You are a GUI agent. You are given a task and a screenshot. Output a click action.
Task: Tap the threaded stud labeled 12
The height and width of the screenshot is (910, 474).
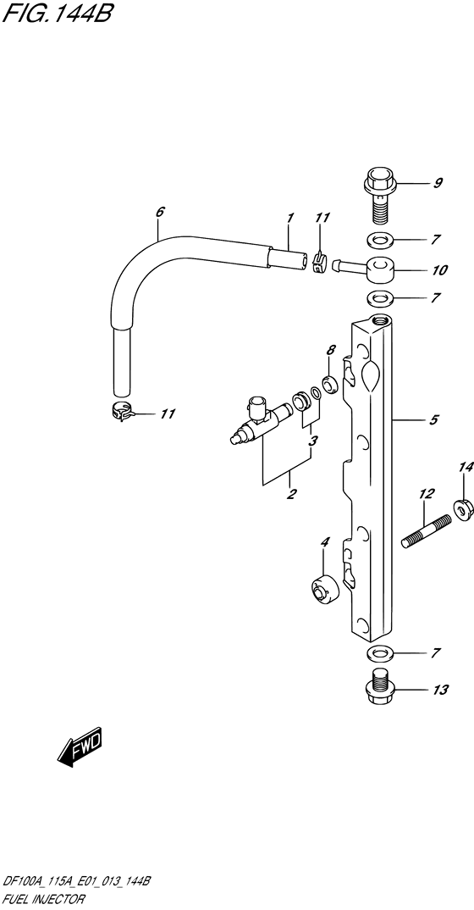427,531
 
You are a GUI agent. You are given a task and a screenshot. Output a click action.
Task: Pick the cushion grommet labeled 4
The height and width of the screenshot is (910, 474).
323,591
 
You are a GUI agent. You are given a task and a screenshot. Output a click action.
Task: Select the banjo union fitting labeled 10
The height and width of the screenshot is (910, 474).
364,268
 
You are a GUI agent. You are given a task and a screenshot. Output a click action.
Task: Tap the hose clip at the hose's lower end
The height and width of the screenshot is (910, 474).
121,412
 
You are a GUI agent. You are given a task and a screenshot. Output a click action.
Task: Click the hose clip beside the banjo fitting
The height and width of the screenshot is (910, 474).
319,264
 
